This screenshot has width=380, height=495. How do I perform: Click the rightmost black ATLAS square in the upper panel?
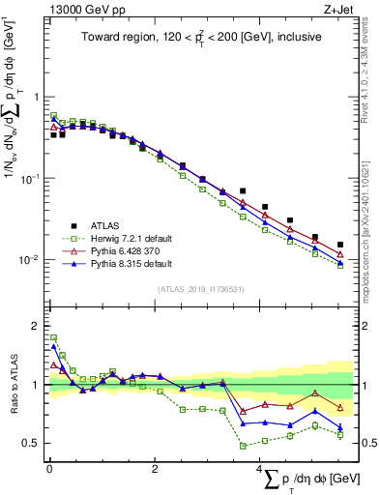tap(339, 245)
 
